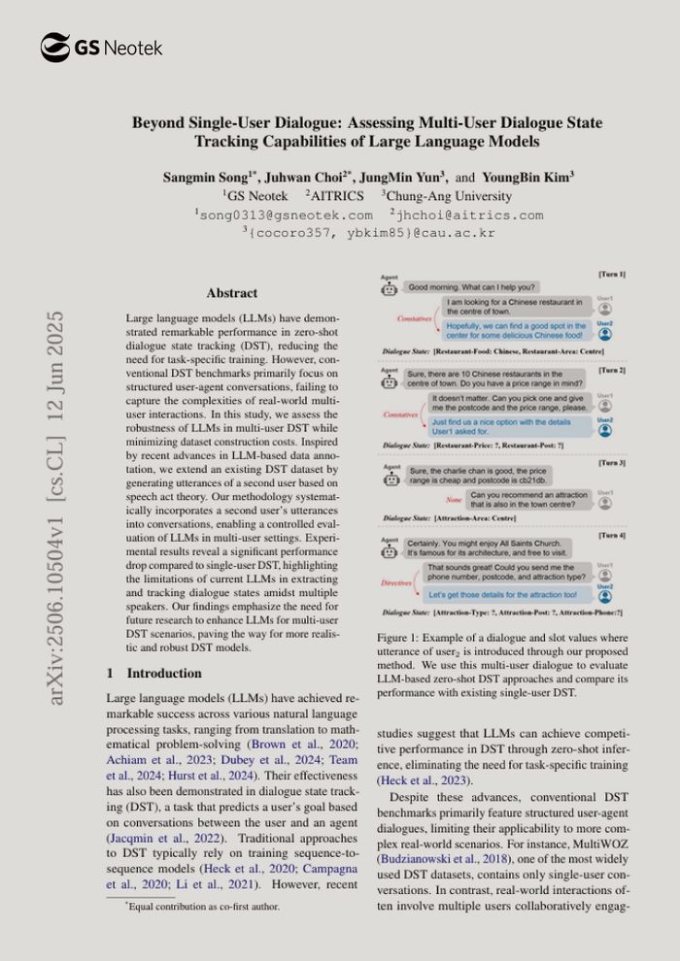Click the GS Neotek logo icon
[55, 47]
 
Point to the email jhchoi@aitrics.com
[470, 215]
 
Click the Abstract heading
[231, 292]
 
